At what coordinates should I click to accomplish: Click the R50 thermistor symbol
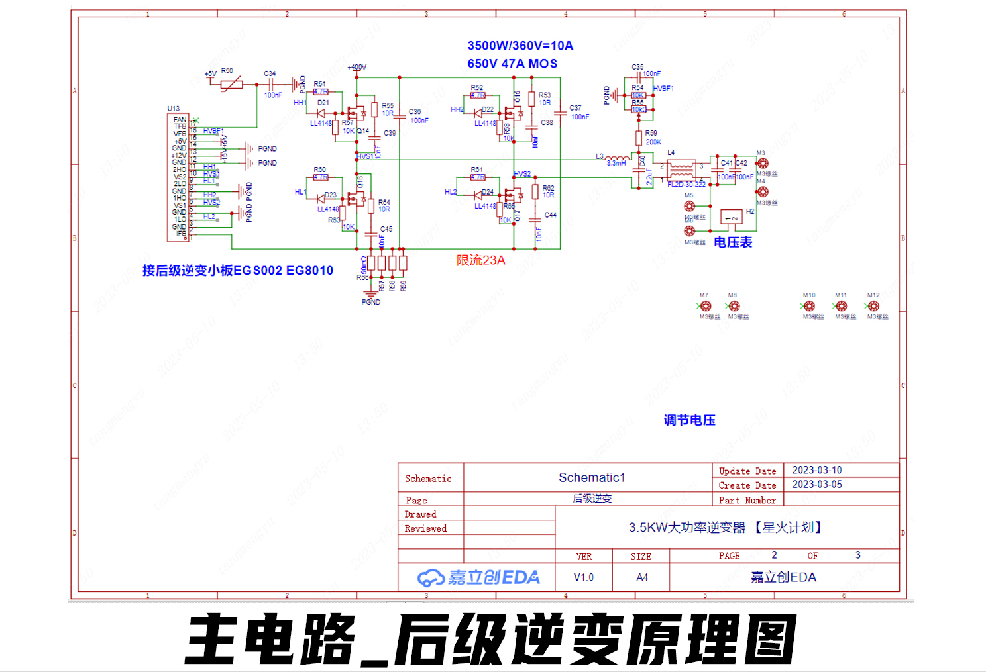pyautogui.click(x=231, y=85)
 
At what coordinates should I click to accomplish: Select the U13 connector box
pyautogui.click(x=178, y=177)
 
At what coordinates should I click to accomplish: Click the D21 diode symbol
pyautogui.click(x=321, y=113)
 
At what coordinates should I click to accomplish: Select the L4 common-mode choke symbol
pyautogui.click(x=681, y=169)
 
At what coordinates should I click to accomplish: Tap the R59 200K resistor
pyautogui.click(x=639, y=138)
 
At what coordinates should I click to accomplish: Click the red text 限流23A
pyautogui.click(x=480, y=260)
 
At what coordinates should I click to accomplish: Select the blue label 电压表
pyautogui.click(x=733, y=242)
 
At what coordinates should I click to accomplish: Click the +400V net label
pyautogui.click(x=356, y=67)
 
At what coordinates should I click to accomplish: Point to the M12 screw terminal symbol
pyautogui.click(x=873, y=306)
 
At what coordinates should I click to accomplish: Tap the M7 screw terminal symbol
pyautogui.click(x=706, y=306)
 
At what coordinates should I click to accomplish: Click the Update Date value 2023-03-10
pyautogui.click(x=817, y=470)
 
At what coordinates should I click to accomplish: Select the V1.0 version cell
pyautogui.click(x=584, y=577)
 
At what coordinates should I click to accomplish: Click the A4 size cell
pyautogui.click(x=641, y=577)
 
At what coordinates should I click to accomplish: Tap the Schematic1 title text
pyautogui.click(x=592, y=477)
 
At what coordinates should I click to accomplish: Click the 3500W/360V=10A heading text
pyautogui.click(x=520, y=46)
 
